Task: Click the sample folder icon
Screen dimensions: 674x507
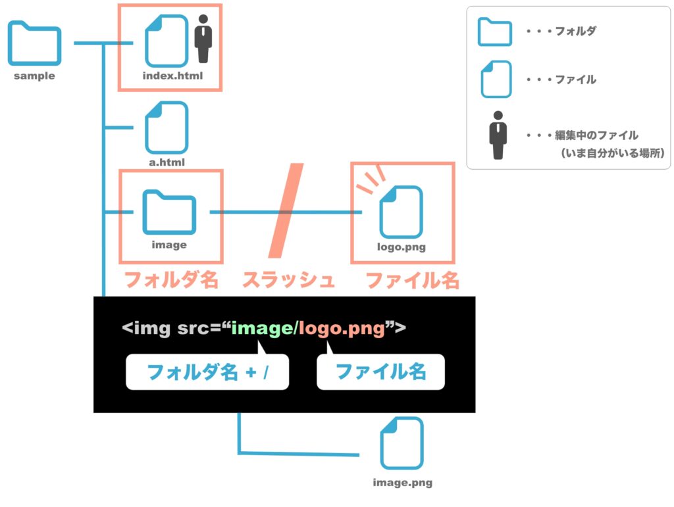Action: tap(34, 43)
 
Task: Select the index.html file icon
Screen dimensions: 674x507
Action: tap(167, 41)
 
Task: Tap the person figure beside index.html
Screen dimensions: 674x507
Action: tap(203, 39)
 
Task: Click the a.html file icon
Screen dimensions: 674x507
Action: tap(167, 128)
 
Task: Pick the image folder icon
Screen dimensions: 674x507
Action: tap(169, 212)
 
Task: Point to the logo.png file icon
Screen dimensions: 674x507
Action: tap(401, 212)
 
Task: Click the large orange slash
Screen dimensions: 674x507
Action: tap(286, 210)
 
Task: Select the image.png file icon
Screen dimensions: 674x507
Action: tap(402, 443)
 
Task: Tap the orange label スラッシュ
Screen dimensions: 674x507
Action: tap(288, 280)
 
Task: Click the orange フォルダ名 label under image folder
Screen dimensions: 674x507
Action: tap(171, 280)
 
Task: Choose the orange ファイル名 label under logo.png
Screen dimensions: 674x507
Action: tap(412, 280)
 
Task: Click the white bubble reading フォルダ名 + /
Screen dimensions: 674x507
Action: tap(207, 372)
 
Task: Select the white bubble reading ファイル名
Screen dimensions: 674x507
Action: tap(380, 372)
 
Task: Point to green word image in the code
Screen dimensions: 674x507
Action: tap(262, 328)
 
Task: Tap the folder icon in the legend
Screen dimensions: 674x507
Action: tap(495, 32)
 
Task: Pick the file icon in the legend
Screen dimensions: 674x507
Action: tap(496, 79)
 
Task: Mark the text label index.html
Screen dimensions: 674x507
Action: tap(172, 76)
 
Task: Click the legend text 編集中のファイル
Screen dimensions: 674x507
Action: tap(596, 135)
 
